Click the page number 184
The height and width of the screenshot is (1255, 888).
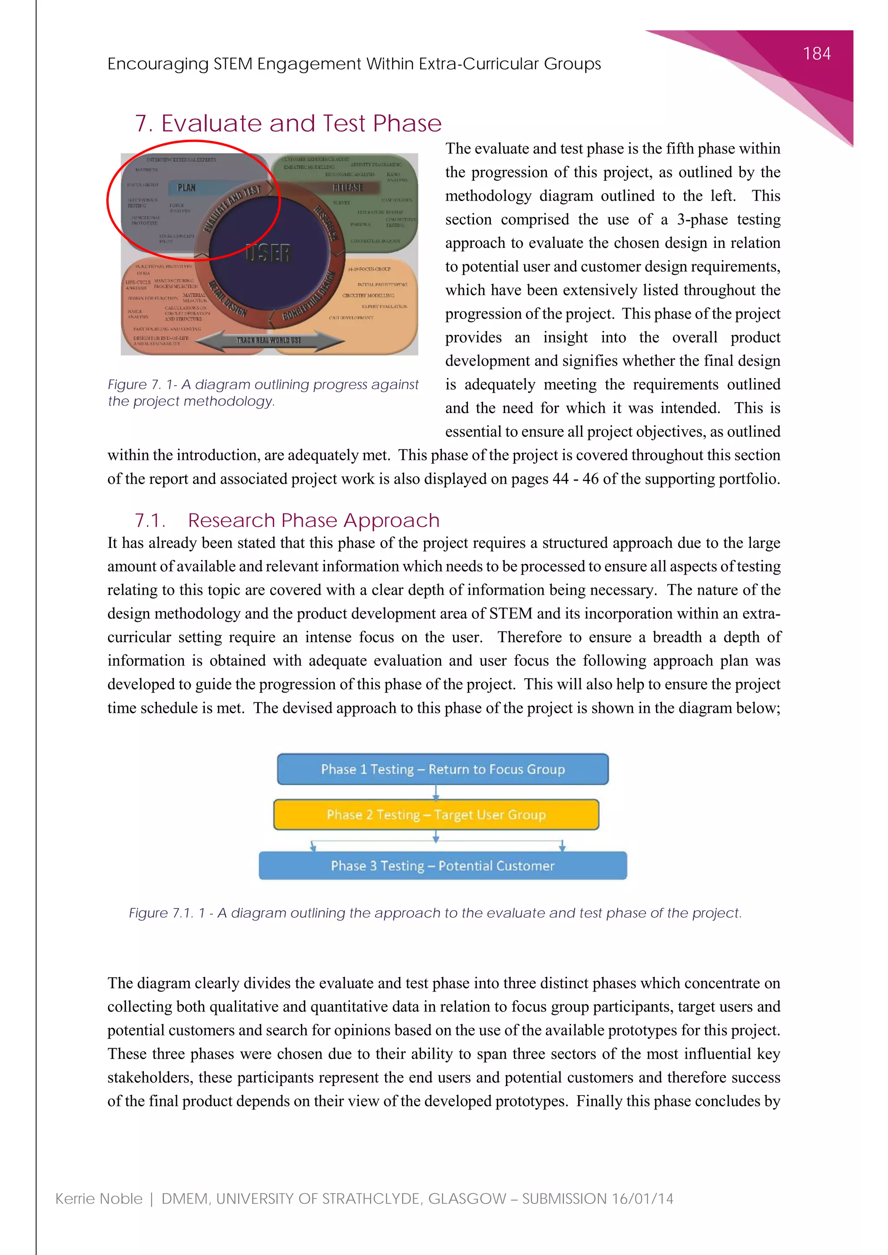click(816, 54)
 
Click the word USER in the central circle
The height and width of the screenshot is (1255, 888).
click(268, 253)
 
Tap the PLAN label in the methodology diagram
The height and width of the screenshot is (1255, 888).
click(186, 188)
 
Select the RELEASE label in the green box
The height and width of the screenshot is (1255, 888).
click(348, 188)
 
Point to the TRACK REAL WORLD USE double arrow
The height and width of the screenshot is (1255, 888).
click(269, 340)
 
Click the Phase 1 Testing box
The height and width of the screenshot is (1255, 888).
click(442, 769)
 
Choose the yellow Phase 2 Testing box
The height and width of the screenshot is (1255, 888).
click(436, 814)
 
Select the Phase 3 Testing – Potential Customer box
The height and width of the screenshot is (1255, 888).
click(442, 866)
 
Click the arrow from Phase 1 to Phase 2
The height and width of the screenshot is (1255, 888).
click(436, 792)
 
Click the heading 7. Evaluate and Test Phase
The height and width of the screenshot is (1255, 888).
click(288, 124)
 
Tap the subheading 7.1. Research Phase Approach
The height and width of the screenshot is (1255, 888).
click(287, 520)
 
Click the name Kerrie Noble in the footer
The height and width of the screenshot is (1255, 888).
click(99, 1199)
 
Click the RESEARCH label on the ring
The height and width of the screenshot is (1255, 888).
click(326, 223)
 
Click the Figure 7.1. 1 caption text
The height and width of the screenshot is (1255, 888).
click(435, 913)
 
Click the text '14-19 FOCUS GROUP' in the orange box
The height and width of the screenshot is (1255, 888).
click(369, 269)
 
